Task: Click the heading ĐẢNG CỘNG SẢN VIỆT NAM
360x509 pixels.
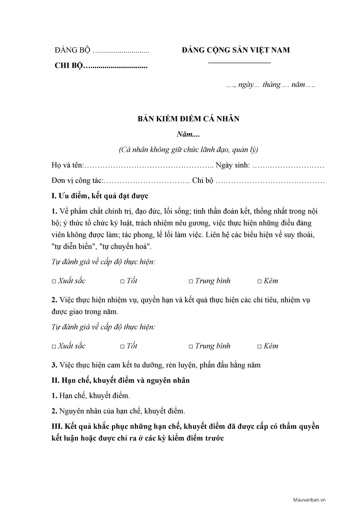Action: tap(236, 50)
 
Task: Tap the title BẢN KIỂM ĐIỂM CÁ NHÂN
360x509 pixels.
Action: tap(189, 119)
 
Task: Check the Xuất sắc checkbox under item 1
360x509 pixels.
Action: tap(54, 281)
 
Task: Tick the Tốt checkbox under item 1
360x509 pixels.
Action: tap(122, 281)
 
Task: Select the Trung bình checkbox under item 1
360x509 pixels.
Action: tap(191, 281)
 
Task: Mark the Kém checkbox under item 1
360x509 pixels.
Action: tap(260, 281)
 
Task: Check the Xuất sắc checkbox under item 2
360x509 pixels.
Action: tap(54, 346)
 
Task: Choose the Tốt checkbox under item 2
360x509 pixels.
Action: tap(122, 346)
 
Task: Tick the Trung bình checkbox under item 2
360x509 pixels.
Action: tap(191, 346)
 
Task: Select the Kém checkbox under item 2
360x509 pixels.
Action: tap(260, 346)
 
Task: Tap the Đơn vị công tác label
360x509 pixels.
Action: tap(77, 181)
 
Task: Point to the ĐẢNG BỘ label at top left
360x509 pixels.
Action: tap(73, 50)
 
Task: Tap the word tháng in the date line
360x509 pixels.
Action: tap(271, 85)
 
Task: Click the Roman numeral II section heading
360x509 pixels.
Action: tap(120, 380)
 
